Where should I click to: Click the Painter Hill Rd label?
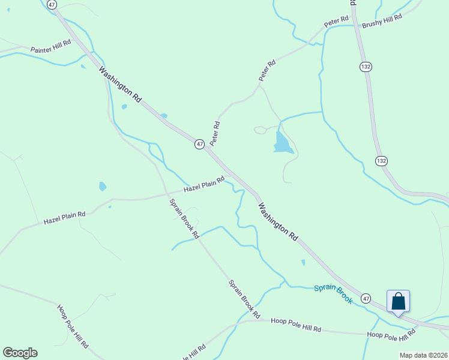pos(51,46)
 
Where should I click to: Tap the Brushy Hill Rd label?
pos(381,20)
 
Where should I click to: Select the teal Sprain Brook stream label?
pos(333,294)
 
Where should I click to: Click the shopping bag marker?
pos(398,301)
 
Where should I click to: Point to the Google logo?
pos(20,353)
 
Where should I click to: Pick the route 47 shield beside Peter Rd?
pos(200,144)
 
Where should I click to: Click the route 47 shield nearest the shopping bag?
pos(366,298)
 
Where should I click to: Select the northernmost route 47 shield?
pos(52,4)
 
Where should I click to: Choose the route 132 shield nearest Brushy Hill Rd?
pos(365,66)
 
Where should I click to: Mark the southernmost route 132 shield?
pos(381,161)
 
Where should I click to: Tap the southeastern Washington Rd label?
pos(278,221)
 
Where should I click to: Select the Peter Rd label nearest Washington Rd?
pos(215,133)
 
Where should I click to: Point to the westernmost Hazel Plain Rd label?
pos(64,218)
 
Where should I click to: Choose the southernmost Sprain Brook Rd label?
pos(244,298)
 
